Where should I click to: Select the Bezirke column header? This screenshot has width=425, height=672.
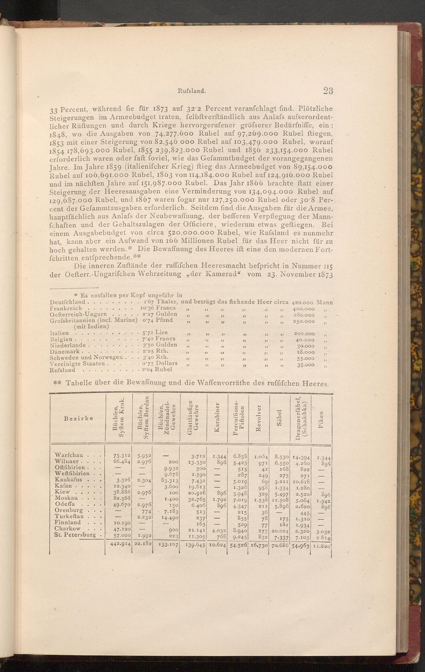[x=78, y=418]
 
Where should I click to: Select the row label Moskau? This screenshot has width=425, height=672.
[x=67, y=498]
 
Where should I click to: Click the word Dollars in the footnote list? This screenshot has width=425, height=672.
[x=167, y=363]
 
